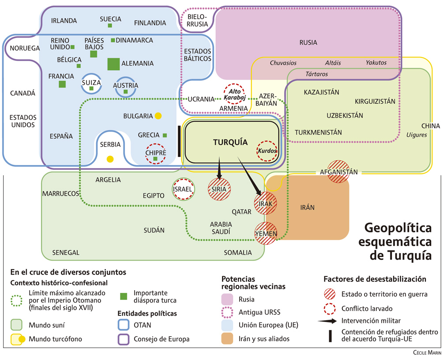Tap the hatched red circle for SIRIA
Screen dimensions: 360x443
coord(219,189)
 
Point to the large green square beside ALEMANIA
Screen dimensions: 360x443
coord(114,64)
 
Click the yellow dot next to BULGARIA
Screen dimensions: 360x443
coord(158,116)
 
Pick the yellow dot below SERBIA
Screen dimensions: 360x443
coord(110,159)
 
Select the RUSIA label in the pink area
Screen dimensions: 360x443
coord(308,43)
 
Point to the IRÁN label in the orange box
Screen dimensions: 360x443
coord(307,207)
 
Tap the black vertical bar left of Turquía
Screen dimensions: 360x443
coord(179,141)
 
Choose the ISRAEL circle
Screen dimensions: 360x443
coord(183,189)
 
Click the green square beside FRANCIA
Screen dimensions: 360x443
coord(62,84)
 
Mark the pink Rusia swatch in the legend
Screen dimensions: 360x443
coord(229,299)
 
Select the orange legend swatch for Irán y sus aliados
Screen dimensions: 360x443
coord(229,339)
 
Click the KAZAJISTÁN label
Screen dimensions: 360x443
coord(322,92)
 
